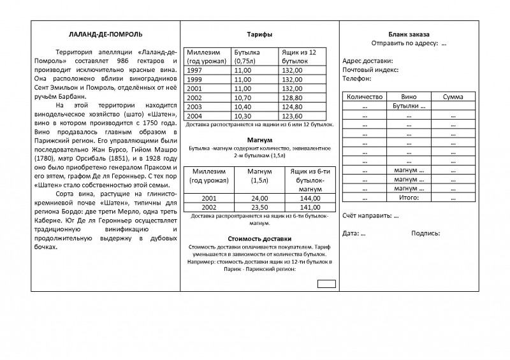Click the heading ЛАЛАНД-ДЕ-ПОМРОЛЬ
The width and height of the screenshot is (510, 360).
tap(105, 33)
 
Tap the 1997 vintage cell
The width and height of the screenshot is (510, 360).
tap(196, 69)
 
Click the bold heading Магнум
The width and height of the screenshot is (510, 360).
tap(259, 139)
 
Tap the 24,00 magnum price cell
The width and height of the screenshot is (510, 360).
tap(259, 199)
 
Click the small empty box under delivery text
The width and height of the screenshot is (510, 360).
tap(326, 282)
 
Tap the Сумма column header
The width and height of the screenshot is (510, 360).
tap(454, 96)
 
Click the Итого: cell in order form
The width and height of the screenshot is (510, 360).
tap(408, 198)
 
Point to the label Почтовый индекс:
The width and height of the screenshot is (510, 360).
tap(370, 69)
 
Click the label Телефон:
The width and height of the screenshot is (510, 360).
tap(357, 78)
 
